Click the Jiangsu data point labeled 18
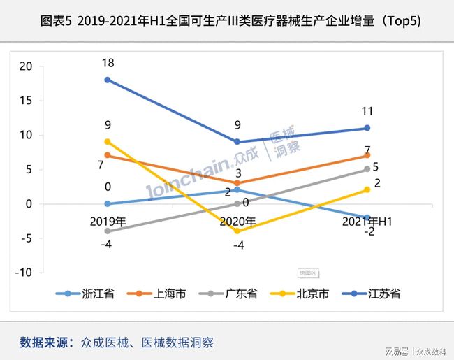click(107, 80)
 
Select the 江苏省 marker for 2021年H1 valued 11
click(367, 128)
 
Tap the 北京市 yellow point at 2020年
click(237, 231)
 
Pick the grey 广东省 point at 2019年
click(107, 231)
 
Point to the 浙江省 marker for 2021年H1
click(367, 217)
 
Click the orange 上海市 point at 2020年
click(237, 183)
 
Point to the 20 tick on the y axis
click(26, 66)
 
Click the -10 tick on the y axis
click(24, 273)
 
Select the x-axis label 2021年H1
click(367, 222)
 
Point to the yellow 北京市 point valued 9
click(107, 142)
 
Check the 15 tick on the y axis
click(26, 101)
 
